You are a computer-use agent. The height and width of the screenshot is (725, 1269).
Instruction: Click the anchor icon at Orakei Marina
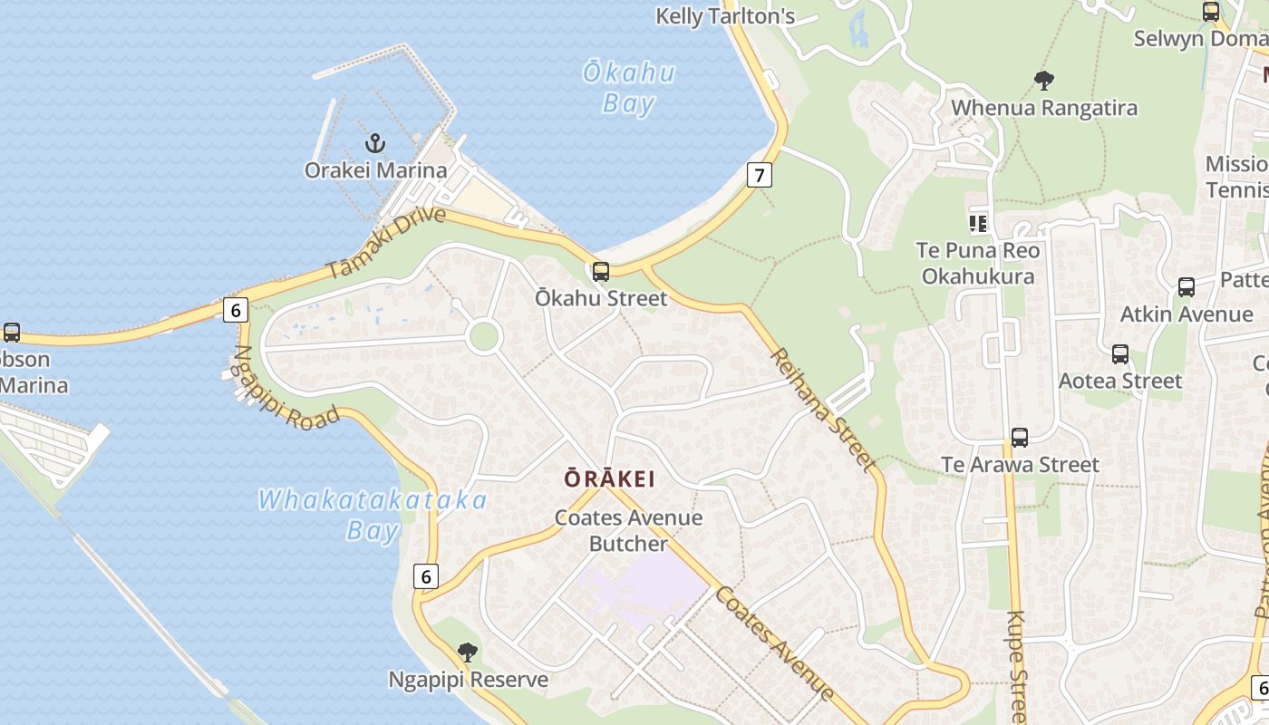coord(374,143)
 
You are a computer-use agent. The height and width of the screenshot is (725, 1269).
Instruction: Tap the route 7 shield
coord(760,175)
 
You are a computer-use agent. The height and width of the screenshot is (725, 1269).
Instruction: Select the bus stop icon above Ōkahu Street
coord(600,272)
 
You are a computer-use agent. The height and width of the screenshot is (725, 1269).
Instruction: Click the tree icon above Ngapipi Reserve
coord(468,652)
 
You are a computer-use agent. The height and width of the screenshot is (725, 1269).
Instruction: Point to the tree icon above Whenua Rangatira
coord(1044,81)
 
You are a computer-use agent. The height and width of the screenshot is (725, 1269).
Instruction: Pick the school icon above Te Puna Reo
coord(977,223)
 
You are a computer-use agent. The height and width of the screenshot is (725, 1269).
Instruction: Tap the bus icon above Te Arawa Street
coord(1020,438)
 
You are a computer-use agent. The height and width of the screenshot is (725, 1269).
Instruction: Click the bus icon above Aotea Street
coord(1120,354)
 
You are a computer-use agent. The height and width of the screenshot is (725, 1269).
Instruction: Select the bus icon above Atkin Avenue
coord(1187,287)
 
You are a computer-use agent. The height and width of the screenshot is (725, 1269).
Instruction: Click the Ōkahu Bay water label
coord(629,88)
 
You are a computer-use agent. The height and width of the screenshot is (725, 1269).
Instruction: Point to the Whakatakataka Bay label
coord(373,515)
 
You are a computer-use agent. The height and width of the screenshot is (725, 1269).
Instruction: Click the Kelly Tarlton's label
coord(725,16)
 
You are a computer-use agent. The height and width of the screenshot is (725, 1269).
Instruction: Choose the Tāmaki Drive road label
coord(387,243)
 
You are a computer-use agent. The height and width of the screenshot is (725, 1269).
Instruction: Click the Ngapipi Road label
coord(286,388)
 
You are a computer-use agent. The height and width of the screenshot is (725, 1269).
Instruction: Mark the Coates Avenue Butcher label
coord(628,530)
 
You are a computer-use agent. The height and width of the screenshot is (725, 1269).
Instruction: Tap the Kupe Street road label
coord(1017,666)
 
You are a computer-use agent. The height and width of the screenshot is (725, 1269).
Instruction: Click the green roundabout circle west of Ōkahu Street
coord(484,336)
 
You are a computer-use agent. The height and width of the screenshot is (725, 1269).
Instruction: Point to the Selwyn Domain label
coord(1198,39)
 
